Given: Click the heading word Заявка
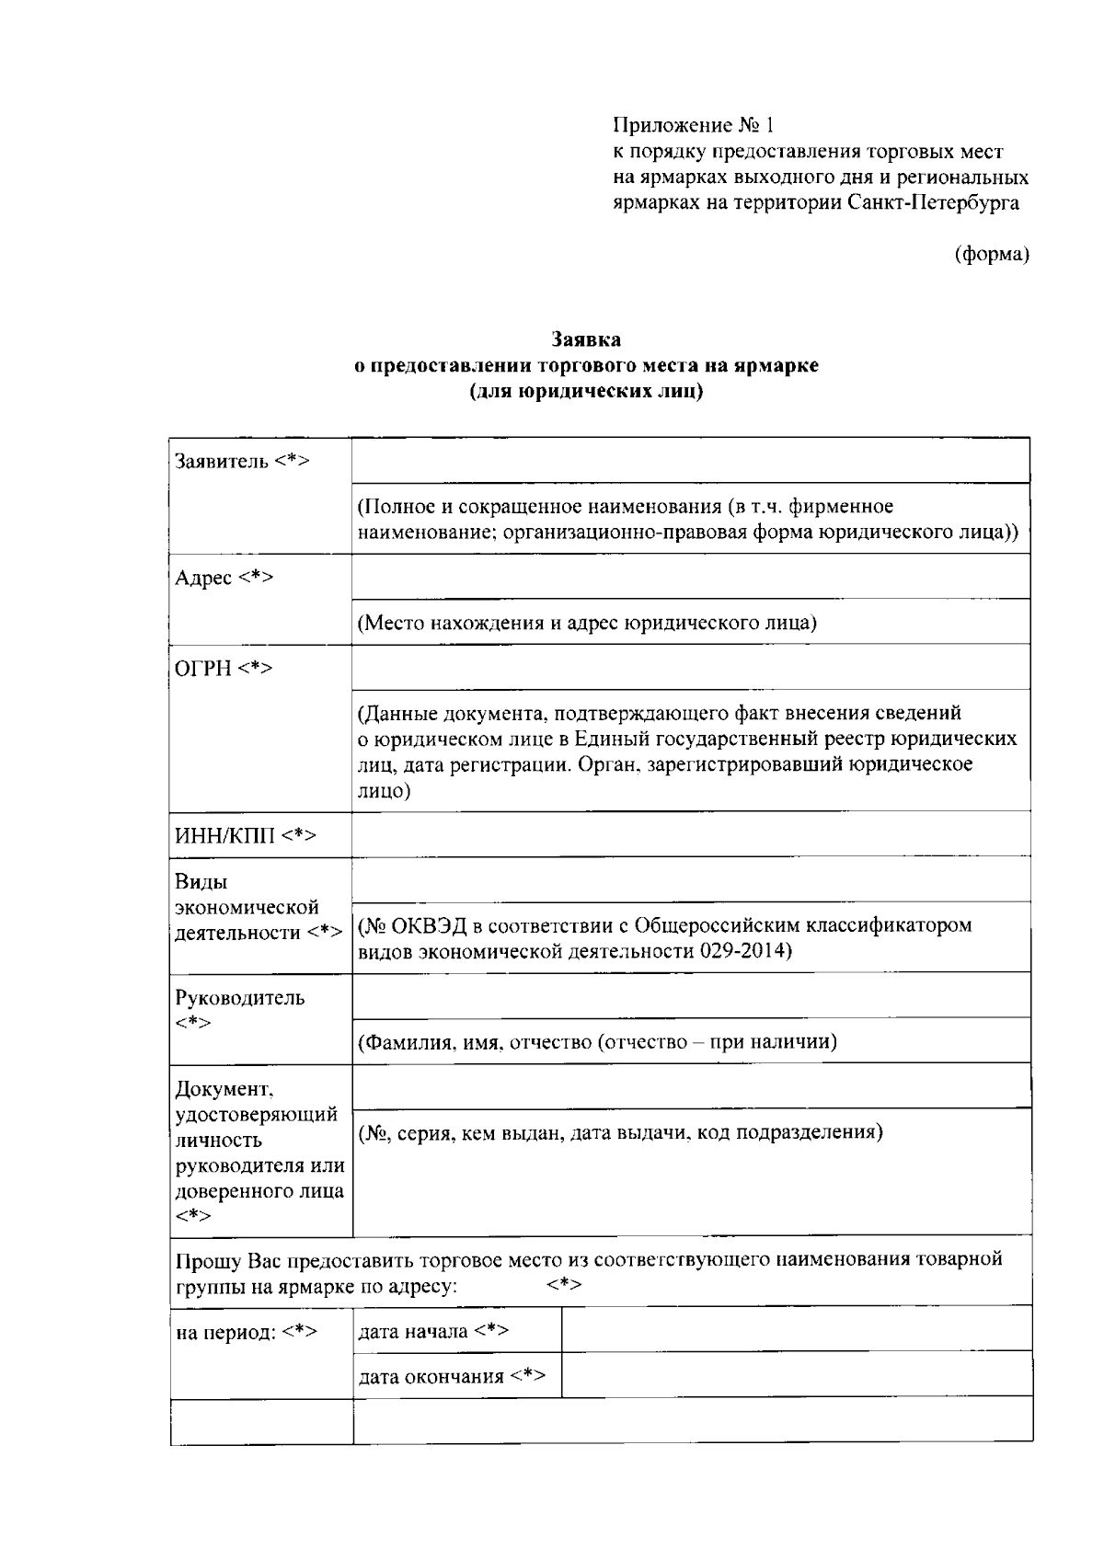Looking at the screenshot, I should point(586,340).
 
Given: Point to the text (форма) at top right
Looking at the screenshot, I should point(990,254).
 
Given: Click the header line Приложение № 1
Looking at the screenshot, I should point(695,124).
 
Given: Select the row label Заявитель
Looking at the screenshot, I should point(222,461).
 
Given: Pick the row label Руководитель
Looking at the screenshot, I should point(240,998).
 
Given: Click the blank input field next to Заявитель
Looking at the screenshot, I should point(690,461).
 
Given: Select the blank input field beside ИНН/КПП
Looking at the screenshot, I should point(690,834).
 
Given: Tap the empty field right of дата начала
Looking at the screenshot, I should point(796,1330).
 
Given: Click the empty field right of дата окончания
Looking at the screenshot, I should point(796,1375).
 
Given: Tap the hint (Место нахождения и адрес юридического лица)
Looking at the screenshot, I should point(587,623).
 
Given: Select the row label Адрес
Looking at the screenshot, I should point(204,578).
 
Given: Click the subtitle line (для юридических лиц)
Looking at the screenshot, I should point(586,392).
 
